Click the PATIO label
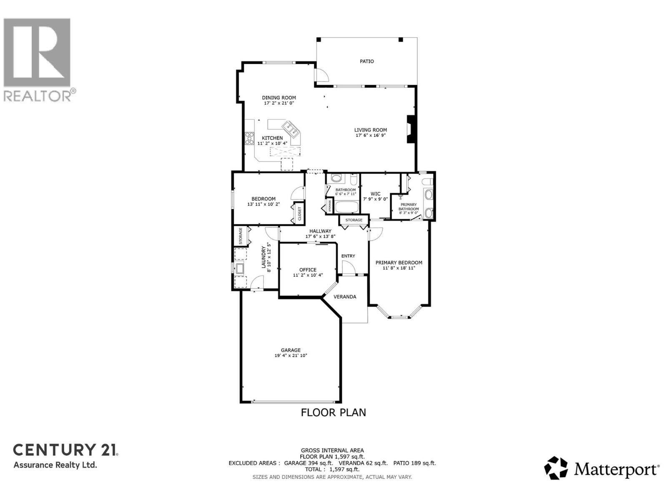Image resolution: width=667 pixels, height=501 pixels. coord(367,61)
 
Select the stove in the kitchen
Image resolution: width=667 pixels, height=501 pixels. coord(249,138)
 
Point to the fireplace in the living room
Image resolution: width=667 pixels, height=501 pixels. coord(411,129)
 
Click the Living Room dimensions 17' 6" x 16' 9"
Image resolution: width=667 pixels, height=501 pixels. coord(371,135)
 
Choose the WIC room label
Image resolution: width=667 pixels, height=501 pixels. coord(375,194)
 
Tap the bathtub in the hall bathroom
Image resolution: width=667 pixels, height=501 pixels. coord(347,208)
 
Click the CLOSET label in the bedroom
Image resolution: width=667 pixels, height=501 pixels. coord(299,213)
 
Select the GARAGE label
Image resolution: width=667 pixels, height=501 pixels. coord(291,350)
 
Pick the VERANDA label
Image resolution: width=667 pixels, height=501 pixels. coord(345,297)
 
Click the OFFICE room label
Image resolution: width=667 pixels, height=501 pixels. coord(308,270)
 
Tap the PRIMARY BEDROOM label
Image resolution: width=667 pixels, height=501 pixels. coord(399,263)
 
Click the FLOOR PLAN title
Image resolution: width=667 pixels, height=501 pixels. coord(333,412)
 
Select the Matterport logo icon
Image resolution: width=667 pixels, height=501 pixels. coord(556,468)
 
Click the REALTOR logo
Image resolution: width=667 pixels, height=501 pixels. coord(38,58)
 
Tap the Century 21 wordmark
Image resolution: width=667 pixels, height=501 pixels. coord(65,450)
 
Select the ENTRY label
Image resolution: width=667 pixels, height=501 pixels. coord(348,256)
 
